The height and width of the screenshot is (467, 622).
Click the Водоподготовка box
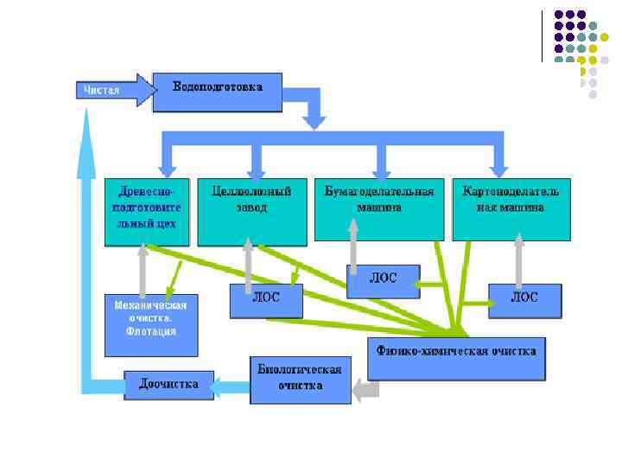217,91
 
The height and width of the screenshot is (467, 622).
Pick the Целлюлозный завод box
251,212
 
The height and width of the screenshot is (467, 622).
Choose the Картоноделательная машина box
511,209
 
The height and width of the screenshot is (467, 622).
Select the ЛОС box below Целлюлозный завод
266,300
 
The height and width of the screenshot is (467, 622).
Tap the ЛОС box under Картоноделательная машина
524,299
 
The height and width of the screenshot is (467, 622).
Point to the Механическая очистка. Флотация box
151,324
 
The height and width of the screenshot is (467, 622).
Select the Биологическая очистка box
301,380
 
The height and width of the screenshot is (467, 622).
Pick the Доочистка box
168,384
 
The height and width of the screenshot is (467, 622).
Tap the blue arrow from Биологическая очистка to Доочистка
231,384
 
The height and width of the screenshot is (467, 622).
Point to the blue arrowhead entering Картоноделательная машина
498,164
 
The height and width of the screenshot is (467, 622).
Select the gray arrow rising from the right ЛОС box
519,261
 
